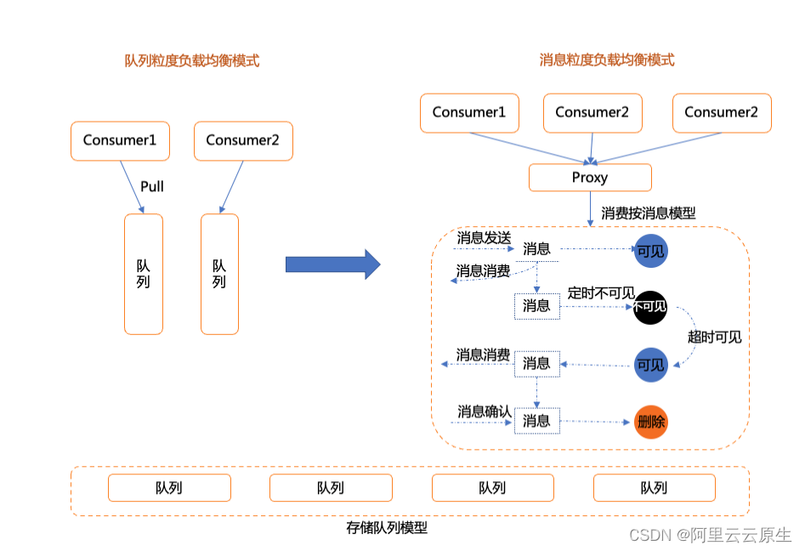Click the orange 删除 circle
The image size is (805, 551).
pos(651,422)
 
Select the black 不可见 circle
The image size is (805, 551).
pos(651,307)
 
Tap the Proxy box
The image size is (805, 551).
pos(590,178)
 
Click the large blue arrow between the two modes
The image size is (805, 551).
pos(332,264)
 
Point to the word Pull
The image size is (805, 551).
pos(152,186)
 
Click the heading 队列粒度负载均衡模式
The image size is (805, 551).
pos(192,60)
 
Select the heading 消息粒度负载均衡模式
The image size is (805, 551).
pos(607,60)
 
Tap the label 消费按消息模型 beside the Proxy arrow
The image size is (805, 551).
pos(649,213)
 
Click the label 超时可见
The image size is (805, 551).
pos(714,337)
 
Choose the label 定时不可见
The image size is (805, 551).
pos(601,293)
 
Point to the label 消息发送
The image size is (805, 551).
pos(484,237)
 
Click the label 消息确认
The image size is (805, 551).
pos(484,412)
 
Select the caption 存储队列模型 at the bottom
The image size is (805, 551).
pos(387,527)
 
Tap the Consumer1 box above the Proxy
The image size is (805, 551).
pos(469,112)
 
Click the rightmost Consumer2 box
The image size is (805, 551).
pos(721,112)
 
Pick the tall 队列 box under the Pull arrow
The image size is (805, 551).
pos(143,274)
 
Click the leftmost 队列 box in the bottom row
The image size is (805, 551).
pos(169,488)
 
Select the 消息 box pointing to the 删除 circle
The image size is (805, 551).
pos(536,421)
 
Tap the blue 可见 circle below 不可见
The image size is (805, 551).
pos(651,365)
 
